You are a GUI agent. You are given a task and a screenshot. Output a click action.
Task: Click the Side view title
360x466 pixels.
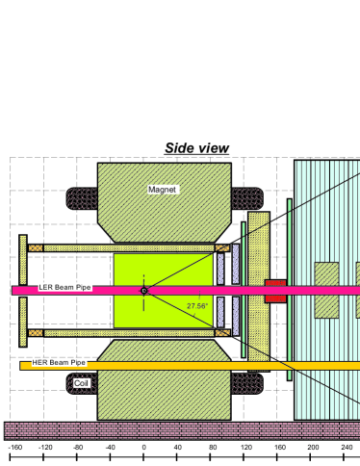[x=196, y=147]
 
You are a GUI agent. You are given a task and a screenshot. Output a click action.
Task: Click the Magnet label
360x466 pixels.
[x=162, y=190]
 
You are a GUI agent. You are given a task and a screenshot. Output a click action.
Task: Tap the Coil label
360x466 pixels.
[x=81, y=383]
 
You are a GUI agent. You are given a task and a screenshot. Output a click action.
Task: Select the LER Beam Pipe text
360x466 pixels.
[x=64, y=288]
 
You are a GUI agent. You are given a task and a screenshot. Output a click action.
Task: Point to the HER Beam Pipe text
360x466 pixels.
[x=59, y=363]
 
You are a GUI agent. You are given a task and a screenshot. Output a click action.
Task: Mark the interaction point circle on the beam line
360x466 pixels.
[x=143, y=290]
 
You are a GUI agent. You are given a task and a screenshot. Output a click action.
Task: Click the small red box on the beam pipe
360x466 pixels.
[x=275, y=290]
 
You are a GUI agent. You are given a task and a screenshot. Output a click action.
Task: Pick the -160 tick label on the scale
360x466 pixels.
[x=14, y=448]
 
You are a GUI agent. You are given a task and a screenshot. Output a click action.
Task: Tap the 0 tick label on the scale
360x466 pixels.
[x=143, y=448]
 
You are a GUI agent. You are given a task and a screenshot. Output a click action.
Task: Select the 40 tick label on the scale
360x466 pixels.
[x=178, y=448]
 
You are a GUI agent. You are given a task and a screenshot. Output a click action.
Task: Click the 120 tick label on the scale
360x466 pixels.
[x=245, y=448]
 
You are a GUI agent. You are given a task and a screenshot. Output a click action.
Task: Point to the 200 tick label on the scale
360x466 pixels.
[x=313, y=448]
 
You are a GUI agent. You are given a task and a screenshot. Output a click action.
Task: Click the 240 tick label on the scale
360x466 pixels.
[x=347, y=448]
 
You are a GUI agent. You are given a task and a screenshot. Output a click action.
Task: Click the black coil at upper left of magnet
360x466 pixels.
[x=82, y=198]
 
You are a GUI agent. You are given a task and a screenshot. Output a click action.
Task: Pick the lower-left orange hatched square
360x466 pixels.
[x=36, y=333]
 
